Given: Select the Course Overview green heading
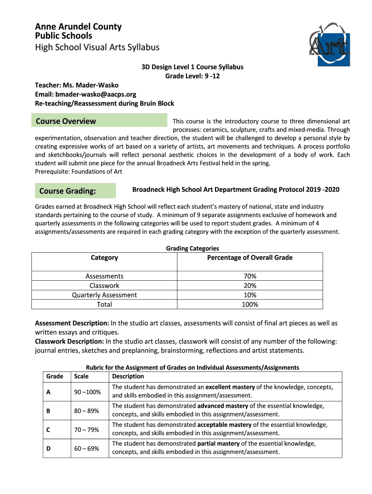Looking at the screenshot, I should click(66, 121).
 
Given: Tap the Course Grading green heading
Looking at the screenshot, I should click(67, 191).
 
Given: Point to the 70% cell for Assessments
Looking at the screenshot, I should click(250, 276).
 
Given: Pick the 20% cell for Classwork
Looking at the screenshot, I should click(250, 286).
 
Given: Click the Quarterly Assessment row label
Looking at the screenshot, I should click(104, 295).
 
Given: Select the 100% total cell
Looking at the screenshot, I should click(250, 304).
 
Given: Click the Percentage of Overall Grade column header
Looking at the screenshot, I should click(250, 258).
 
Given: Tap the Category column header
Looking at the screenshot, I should click(104, 258).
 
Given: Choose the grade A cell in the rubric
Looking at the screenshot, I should click(48, 392).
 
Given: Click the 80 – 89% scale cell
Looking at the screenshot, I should click(86, 411).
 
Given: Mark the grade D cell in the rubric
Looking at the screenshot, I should click(48, 448).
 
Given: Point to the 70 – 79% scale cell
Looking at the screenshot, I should click(86, 429).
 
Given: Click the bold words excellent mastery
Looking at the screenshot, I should click(227, 387).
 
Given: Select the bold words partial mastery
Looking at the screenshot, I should click(218, 443).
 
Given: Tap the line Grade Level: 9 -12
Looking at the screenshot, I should click(192, 76).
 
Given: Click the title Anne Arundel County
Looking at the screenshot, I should click(78, 27).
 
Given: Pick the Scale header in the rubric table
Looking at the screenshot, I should click(82, 376).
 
